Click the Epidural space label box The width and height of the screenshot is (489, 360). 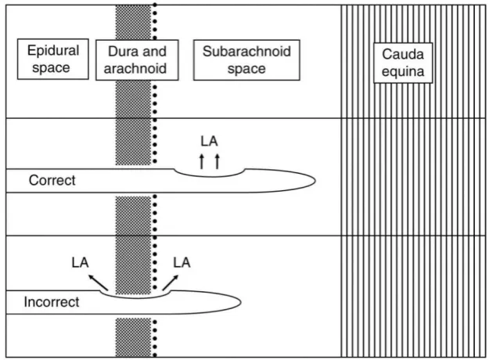click(x=53, y=59)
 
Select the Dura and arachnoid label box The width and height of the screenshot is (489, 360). click(x=137, y=60)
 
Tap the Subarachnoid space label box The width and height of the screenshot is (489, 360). click(x=246, y=60)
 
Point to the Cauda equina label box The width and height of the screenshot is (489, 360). click(x=403, y=63)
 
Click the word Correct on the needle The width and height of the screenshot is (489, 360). click(x=52, y=180)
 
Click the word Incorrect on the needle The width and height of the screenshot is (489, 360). click(x=52, y=302)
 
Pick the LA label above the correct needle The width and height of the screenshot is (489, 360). click(x=209, y=142)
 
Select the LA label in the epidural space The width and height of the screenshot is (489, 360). click(x=80, y=262)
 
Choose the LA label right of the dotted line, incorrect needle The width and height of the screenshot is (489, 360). click(x=182, y=262)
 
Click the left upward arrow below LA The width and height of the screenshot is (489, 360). click(x=202, y=161)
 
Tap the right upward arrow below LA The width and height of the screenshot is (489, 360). click(x=218, y=161)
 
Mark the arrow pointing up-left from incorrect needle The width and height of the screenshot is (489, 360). click(x=99, y=283)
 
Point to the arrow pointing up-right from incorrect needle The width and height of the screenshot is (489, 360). click(x=171, y=283)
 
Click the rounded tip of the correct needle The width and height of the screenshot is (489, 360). click(x=315, y=180)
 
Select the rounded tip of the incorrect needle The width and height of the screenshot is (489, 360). click(x=241, y=302)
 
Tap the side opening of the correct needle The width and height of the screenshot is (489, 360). click(x=209, y=176)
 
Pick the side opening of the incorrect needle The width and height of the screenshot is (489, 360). click(x=136, y=298)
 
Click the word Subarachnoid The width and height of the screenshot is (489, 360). click(x=246, y=52)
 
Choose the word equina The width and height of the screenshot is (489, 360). click(x=403, y=72)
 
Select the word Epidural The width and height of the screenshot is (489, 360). click(x=53, y=51)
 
